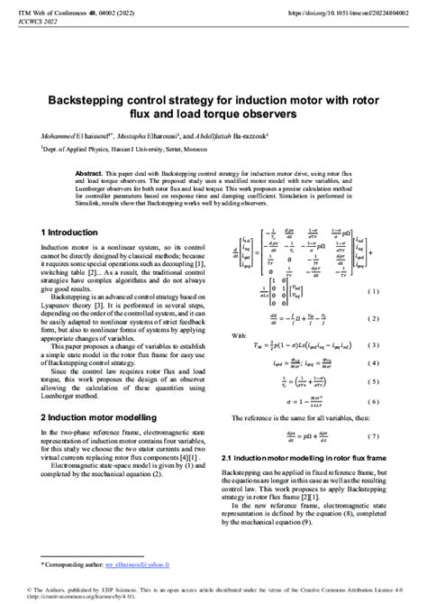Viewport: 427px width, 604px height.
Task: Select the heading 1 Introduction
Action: tap(72, 232)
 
